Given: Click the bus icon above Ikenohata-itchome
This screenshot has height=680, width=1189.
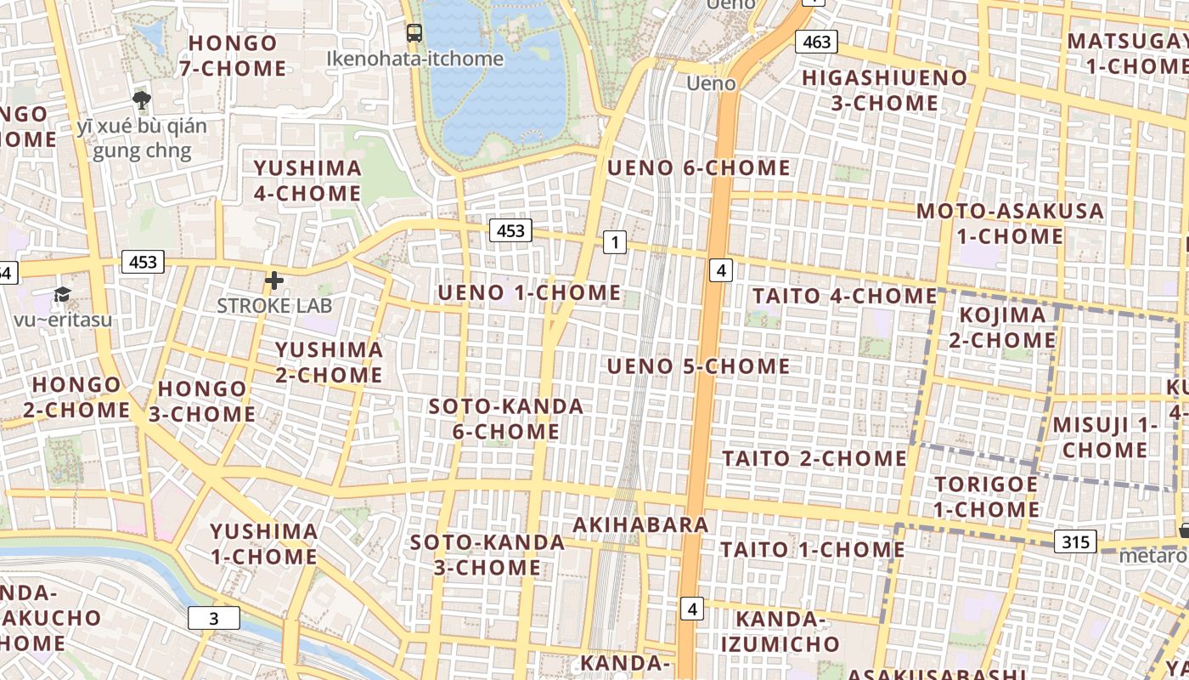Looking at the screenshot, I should tap(414, 33).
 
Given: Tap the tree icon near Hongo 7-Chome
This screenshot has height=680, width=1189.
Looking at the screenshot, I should tap(142, 101).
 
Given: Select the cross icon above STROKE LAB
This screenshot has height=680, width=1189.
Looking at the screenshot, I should tap(274, 280).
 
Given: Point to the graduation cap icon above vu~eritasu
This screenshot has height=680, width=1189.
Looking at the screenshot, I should tap(63, 295).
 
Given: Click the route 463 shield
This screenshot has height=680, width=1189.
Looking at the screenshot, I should tap(816, 42).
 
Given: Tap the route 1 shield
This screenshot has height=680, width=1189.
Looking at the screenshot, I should tap(615, 243).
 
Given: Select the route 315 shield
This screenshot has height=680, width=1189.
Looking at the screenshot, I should tap(1075, 541).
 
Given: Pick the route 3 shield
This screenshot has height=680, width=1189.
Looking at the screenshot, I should tap(213, 619).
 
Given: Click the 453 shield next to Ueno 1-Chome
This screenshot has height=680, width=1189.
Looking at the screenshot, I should tap(510, 230).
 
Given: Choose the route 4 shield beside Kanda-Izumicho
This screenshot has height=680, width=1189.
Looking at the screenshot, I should tap(693, 609).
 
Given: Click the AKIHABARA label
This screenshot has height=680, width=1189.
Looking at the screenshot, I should tap(640, 524).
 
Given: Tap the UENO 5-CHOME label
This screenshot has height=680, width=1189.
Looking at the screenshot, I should tap(698, 366).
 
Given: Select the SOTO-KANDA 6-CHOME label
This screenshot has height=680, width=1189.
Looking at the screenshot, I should tap(505, 418).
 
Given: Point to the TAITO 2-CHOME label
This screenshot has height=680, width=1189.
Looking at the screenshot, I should tap(814, 458).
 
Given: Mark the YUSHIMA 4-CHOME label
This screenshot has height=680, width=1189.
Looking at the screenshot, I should tap(307, 180).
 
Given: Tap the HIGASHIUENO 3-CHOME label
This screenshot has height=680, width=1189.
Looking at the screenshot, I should tap(884, 90).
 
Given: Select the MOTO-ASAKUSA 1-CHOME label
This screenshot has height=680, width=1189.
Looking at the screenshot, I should tap(1010, 223).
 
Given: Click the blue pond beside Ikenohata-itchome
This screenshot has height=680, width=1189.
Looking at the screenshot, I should tap(501, 93).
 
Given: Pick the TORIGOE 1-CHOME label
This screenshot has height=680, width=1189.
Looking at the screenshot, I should tap(986, 496).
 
